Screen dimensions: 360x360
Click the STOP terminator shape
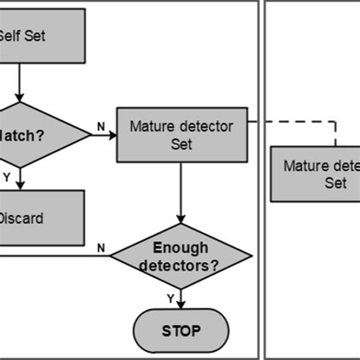pyautogui.click(x=180, y=330)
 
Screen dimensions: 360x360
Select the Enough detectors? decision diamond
pyautogui.click(x=180, y=257)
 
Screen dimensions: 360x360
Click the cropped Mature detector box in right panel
pyautogui.click(x=315, y=174)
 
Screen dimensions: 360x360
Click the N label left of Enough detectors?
pyautogui.click(x=101, y=248)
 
